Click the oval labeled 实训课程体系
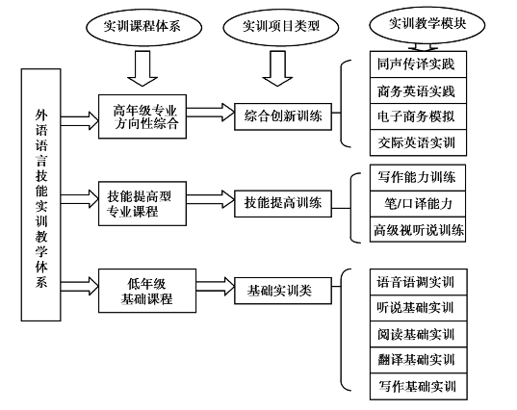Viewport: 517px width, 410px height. point(143,27)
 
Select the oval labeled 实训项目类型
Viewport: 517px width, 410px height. point(281,27)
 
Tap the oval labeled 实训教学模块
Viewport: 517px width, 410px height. point(427,25)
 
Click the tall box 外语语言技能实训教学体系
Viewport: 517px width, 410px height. point(40,194)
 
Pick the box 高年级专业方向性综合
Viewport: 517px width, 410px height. point(142,116)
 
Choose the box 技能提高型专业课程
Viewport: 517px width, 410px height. point(142,204)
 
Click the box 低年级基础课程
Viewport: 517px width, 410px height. point(147,291)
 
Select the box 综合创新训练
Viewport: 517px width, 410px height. point(283,116)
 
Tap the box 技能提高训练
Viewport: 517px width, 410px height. point(283,204)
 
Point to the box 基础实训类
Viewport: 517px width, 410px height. point(283,291)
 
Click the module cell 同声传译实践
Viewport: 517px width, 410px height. point(418,64)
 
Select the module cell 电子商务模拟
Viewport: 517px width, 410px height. point(418,116)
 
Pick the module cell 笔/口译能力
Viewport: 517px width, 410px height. point(418,204)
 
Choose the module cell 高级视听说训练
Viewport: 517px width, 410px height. point(418,229)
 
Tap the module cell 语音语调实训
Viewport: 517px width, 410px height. point(419,282)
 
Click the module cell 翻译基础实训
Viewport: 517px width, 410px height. point(419,360)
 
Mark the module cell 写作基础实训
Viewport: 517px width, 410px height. point(419,387)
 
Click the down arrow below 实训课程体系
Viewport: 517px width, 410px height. point(142,68)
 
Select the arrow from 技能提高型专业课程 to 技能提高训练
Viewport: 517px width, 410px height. point(210,199)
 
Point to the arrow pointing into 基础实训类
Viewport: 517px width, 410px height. point(216,286)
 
